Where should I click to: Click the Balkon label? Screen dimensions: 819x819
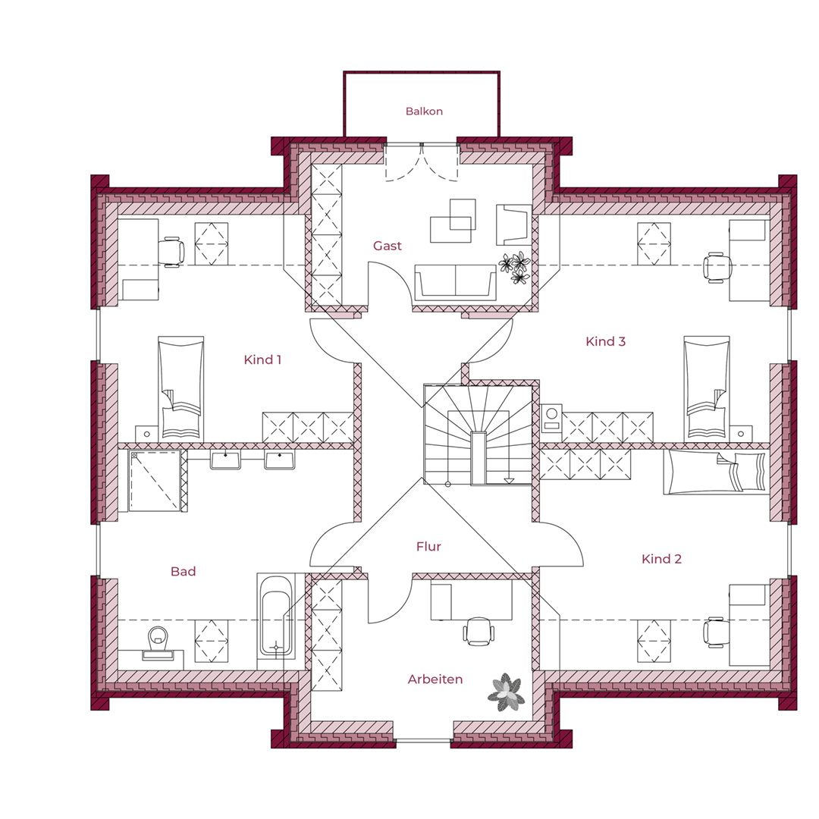424,111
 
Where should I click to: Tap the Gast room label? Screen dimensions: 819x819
388,246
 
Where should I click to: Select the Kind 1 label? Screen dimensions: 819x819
262,359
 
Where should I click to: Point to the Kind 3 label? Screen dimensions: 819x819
605,341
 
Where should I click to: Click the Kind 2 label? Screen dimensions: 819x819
661,559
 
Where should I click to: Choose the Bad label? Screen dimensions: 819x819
184,572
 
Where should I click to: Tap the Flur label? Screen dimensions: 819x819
428,546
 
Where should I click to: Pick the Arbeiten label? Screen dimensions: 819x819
435,679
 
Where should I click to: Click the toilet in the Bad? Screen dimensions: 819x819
158,643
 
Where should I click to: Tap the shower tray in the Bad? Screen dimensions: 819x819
155,481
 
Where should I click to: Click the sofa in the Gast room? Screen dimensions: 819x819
455,283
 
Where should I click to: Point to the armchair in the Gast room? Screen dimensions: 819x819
513,224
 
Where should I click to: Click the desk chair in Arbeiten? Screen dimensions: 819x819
478,631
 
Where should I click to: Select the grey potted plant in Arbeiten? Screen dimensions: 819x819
506,692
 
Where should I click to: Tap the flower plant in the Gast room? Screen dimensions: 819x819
516,268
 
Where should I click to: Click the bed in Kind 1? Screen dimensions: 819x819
180,387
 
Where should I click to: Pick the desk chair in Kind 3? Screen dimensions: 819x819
717,268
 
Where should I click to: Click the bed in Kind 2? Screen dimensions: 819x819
716,472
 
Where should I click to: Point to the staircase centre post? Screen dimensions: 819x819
478,458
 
